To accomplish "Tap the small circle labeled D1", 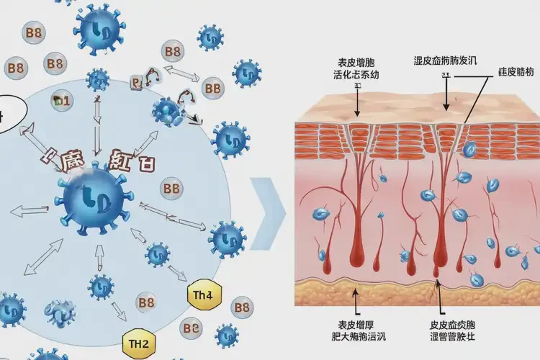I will [x=61, y=101].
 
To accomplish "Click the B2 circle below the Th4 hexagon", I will [x=191, y=328].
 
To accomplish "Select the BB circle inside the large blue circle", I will [x=171, y=189].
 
